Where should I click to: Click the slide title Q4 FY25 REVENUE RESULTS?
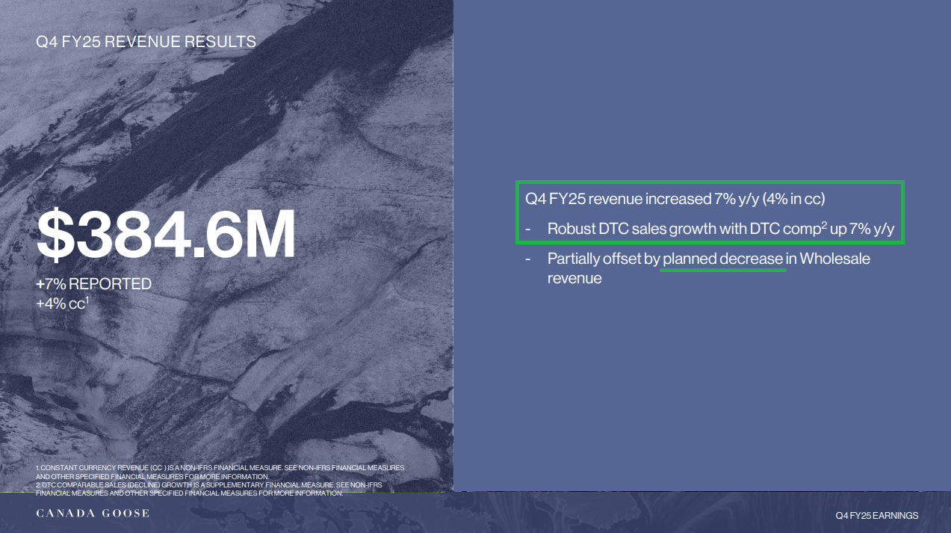click(146, 42)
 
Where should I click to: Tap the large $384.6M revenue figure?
click(166, 233)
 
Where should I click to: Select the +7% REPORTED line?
click(94, 284)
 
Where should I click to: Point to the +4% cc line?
click(63, 304)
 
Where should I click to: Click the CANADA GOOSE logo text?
click(93, 513)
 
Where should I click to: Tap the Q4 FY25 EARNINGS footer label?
click(877, 515)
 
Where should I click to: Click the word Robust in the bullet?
click(571, 229)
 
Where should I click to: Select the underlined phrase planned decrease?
click(722, 259)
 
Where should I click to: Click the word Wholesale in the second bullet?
click(834, 259)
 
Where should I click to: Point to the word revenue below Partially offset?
click(574, 278)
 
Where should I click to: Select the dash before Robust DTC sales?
click(528, 229)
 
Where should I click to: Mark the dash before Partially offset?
click(528, 259)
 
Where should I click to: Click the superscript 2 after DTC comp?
click(824, 225)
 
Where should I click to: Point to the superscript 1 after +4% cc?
click(87, 300)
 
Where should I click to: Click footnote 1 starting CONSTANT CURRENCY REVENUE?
click(220, 472)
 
